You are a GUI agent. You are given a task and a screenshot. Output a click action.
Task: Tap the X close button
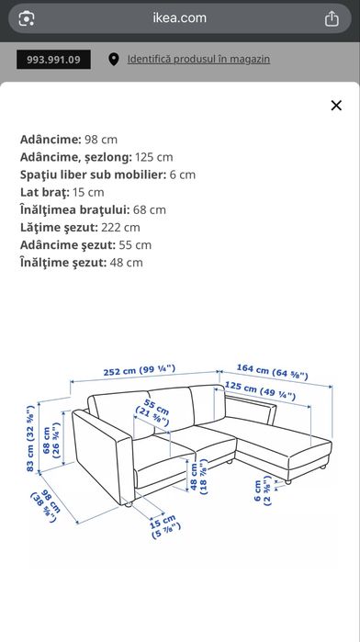coord(336,106)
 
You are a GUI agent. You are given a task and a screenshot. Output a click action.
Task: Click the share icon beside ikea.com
coord(332,18)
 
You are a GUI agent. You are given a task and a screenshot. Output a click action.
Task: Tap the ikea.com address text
coord(179,17)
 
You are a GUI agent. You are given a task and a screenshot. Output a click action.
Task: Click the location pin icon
coord(114,60)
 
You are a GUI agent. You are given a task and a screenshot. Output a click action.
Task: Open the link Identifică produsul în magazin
coord(198,60)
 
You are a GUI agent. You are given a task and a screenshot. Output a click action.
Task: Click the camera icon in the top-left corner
coord(27,18)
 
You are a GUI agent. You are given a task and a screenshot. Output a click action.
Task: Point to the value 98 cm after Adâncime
coord(102,139)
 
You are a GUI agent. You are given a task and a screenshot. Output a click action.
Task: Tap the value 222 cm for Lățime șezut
coord(120,227)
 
